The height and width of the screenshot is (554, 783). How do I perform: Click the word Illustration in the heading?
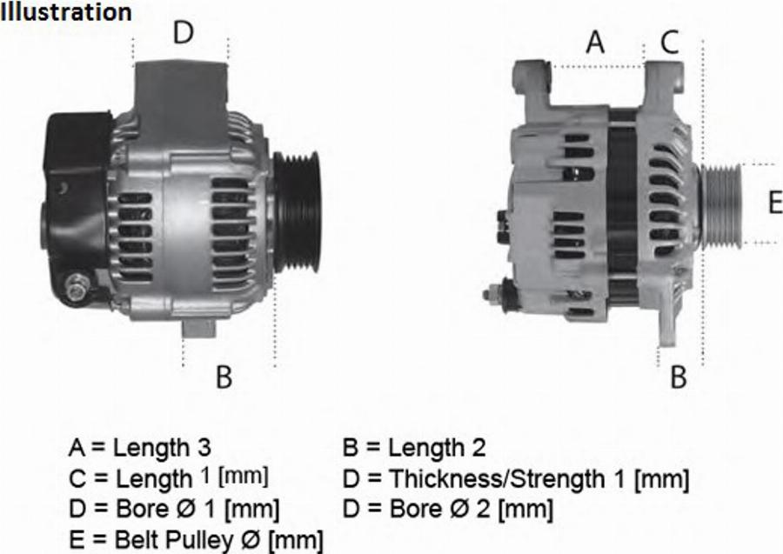click(x=67, y=12)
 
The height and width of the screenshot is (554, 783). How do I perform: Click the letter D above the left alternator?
click(x=183, y=33)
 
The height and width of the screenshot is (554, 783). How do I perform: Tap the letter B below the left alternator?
click(x=224, y=377)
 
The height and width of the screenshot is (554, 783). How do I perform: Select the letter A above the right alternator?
click(x=595, y=42)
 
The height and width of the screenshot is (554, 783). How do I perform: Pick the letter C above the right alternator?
click(x=669, y=42)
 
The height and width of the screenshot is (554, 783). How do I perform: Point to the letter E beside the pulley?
click(x=774, y=204)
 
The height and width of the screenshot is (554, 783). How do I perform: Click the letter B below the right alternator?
click(x=679, y=377)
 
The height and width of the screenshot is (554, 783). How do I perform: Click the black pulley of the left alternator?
click(x=297, y=211)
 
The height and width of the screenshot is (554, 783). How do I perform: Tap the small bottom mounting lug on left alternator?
click(x=197, y=329)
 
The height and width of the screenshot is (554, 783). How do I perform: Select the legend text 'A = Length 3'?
click(x=139, y=448)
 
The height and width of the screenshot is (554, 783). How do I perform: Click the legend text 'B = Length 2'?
click(x=415, y=448)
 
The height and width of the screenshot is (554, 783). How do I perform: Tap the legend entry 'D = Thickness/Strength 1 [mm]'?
click(x=517, y=478)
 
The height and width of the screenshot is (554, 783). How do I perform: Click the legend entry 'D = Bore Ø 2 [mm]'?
click(x=448, y=508)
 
